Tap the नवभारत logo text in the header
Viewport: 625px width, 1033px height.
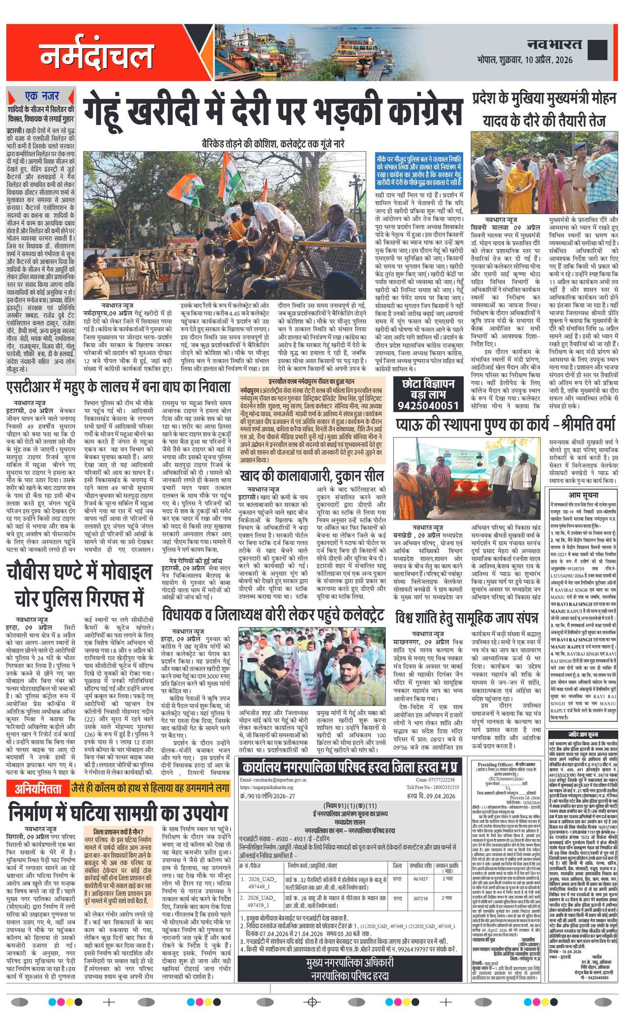pos(554,45)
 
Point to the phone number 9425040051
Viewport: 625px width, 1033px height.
pos(428,406)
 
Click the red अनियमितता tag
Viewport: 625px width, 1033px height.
pos(38,788)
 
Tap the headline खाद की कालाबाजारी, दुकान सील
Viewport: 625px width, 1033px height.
pos(311,476)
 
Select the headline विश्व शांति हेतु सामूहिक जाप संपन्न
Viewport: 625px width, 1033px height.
pos(466,618)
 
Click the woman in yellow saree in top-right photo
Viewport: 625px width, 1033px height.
pos(520,184)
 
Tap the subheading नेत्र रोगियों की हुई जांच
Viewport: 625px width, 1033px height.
pos(195,561)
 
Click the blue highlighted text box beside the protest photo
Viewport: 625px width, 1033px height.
pos(419,171)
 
